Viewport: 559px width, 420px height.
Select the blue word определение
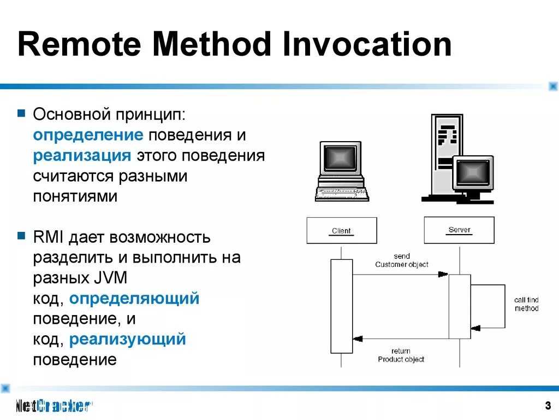click(88, 135)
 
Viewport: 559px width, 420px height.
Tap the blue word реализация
click(82, 155)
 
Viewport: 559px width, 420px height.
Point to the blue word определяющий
click(134, 299)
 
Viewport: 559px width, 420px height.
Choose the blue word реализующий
click(127, 339)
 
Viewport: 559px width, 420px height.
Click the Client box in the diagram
click(342, 230)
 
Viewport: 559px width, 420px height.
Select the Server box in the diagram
click(459, 230)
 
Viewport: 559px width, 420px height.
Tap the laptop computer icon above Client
click(342, 171)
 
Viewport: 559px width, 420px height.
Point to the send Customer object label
click(401, 260)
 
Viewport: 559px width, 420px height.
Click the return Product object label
click(401, 355)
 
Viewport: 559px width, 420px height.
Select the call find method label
click(526, 304)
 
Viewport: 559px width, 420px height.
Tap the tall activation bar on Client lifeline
click(342, 306)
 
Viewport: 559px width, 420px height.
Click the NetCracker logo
click(52, 405)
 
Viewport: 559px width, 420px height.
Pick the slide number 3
click(547, 405)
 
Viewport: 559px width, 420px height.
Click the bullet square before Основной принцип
click(21, 114)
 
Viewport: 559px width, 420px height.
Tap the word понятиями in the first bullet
click(75, 196)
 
